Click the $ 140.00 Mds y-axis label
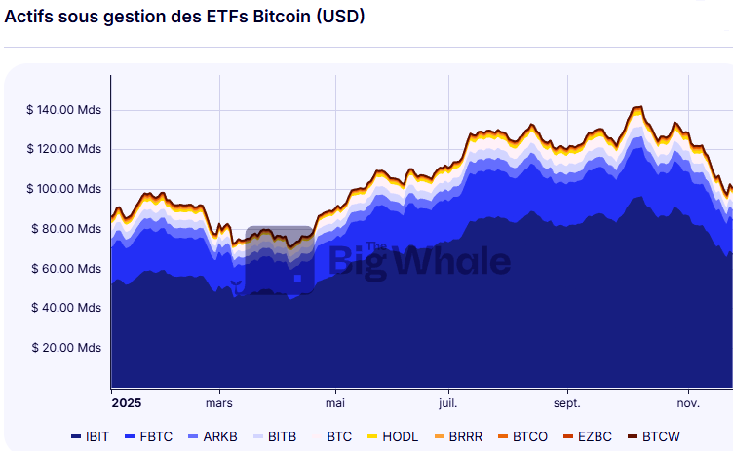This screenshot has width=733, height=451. pos(64,110)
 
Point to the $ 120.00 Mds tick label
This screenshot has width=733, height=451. pos(64,149)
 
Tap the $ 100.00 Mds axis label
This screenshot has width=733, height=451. pos(64,189)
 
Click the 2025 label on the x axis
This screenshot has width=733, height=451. pos(127,402)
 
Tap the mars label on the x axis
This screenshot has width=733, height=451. pos(219,402)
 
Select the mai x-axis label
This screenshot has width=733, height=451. pos(335,402)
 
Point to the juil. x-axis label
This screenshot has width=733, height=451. pos(448,402)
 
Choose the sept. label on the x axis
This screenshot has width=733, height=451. pos(567,402)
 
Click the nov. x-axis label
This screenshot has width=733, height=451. pos(688,402)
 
